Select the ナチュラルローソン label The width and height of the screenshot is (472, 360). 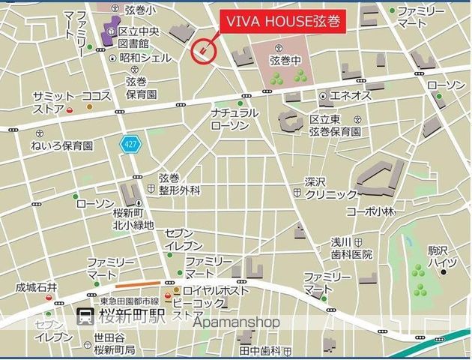coord(235,119)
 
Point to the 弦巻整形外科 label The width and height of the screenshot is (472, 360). coord(179,184)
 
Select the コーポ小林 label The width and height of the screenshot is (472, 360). coord(370,211)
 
